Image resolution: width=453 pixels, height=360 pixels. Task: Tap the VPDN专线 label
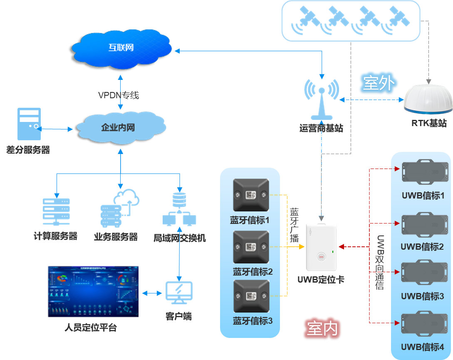click(118, 95)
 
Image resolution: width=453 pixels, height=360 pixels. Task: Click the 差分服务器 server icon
click(29, 124)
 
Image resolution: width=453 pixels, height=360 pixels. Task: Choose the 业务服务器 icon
click(119, 208)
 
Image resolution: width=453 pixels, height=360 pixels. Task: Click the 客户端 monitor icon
click(179, 293)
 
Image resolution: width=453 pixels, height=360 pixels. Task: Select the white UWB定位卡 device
click(321, 246)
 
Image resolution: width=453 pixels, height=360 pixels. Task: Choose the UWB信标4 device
click(422, 325)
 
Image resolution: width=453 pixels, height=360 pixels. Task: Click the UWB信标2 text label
click(422, 247)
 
